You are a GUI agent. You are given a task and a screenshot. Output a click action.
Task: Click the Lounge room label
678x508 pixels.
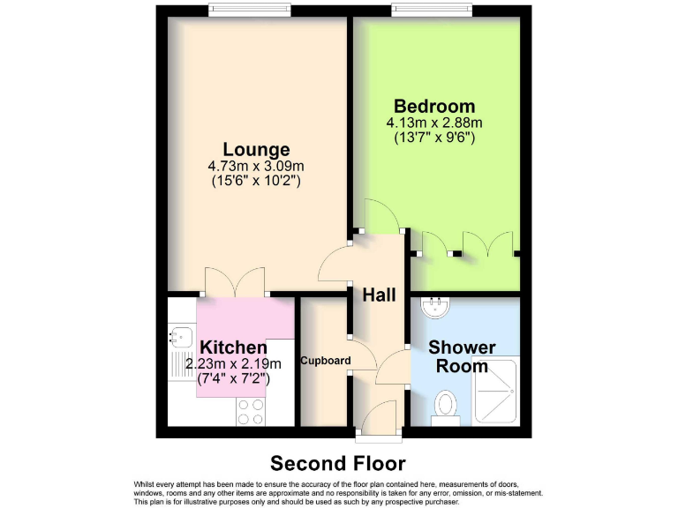[x=256, y=149]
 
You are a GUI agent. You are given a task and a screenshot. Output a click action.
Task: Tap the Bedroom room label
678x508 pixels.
[x=434, y=107]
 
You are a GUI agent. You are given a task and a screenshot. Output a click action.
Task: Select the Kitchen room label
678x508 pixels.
[x=233, y=347]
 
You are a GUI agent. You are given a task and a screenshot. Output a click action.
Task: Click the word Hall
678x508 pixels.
[x=379, y=295]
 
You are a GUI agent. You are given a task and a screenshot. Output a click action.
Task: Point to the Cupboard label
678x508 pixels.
[x=326, y=361]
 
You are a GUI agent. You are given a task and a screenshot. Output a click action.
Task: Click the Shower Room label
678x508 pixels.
[x=462, y=356]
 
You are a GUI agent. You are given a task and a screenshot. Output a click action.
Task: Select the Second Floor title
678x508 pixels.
[x=338, y=463]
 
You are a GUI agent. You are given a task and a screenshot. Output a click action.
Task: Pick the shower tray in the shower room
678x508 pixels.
[x=499, y=390]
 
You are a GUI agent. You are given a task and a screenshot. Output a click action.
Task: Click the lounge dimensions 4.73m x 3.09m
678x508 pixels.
[x=256, y=166]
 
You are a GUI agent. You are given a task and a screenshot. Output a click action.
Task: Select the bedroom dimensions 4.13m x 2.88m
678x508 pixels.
[x=434, y=123]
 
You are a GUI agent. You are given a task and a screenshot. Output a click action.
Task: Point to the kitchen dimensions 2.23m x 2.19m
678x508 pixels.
[x=233, y=364]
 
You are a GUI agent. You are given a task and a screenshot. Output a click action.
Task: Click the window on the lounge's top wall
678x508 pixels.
[x=250, y=10]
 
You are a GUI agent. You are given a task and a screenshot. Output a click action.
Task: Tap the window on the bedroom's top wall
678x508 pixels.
[x=433, y=10]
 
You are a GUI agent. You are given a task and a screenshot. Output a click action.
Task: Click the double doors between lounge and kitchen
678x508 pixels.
[x=234, y=282]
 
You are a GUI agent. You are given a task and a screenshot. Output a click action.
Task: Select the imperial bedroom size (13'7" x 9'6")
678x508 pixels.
[x=434, y=138]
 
